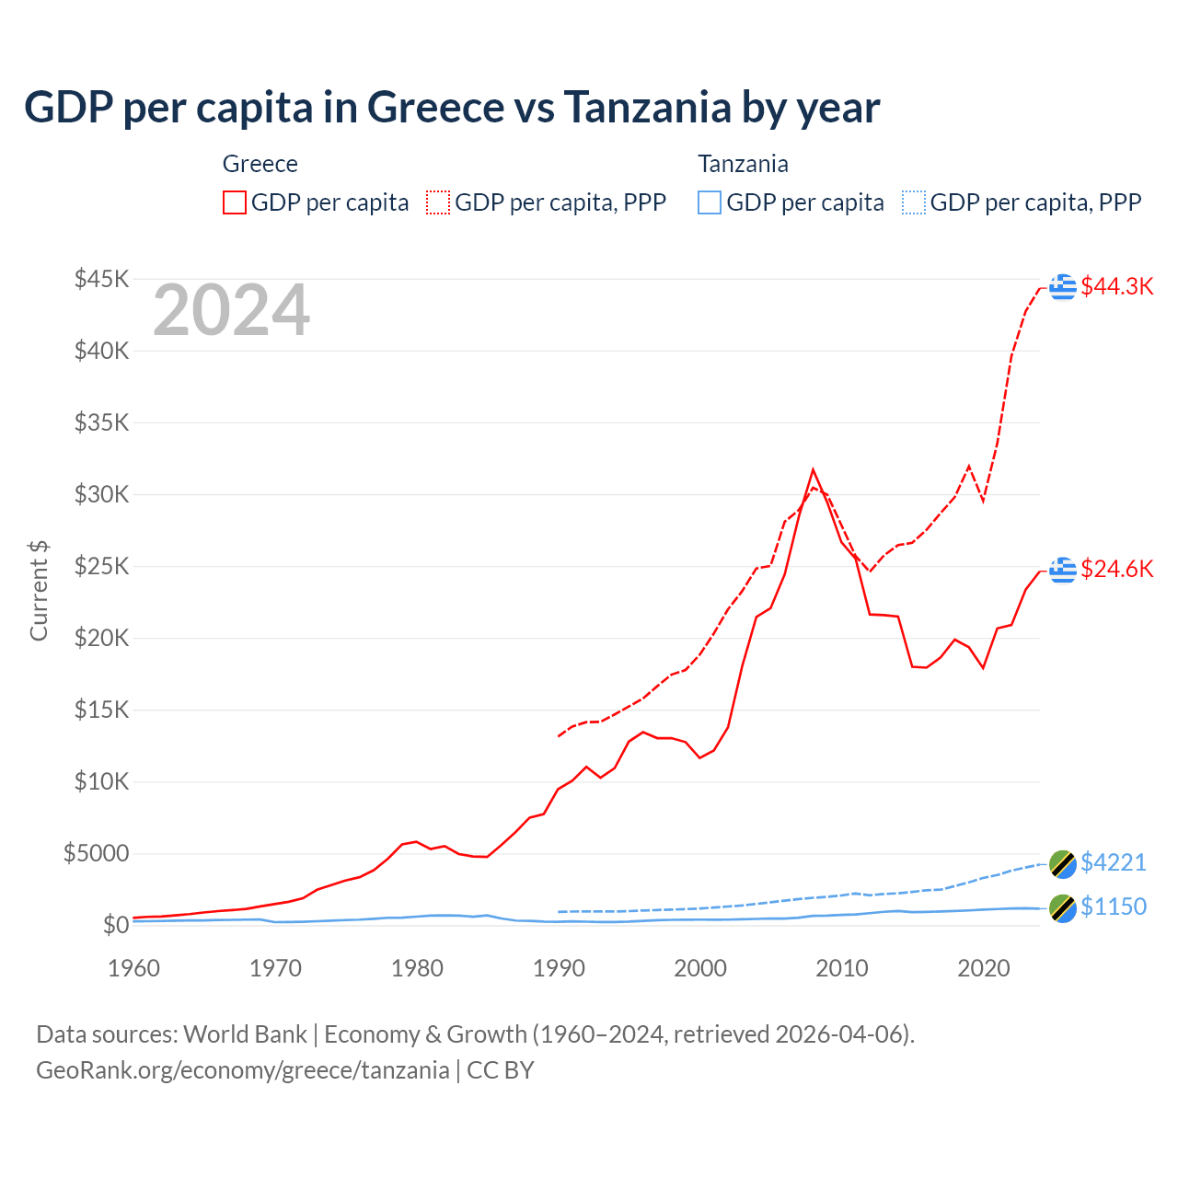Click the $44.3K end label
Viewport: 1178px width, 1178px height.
click(x=1116, y=286)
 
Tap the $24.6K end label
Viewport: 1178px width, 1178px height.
click(x=1116, y=569)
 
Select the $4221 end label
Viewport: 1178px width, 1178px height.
click(x=1114, y=862)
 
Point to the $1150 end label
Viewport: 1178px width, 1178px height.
click(x=1114, y=907)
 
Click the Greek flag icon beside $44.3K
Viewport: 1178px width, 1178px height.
click(x=1063, y=286)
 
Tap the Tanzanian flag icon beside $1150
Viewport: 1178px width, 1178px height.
click(x=1063, y=907)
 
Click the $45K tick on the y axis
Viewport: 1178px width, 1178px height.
click(x=101, y=279)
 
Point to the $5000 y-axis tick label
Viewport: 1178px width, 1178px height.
click(x=96, y=853)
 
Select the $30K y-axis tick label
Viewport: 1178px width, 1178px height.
click(x=101, y=494)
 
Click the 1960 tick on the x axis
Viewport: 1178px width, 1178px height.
click(x=134, y=968)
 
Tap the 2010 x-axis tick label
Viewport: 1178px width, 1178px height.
click(x=842, y=968)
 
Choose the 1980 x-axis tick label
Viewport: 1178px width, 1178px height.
click(x=417, y=968)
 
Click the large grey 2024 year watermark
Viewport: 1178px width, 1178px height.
click(x=231, y=311)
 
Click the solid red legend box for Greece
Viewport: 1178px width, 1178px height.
click(x=235, y=202)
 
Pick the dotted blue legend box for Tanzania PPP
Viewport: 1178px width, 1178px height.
click(x=914, y=202)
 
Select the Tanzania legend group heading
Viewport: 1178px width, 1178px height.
click(x=743, y=164)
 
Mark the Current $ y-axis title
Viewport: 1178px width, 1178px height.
click(x=39, y=591)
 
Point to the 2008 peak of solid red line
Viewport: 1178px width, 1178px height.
click(x=813, y=470)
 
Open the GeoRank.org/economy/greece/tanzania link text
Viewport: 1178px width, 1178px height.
click(x=243, y=1070)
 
